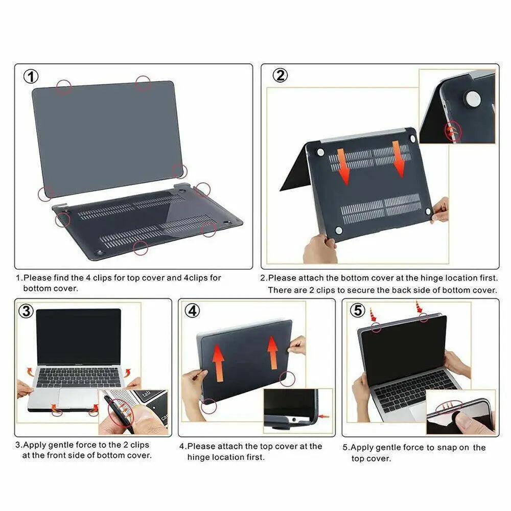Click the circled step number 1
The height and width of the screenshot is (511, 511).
(32, 77)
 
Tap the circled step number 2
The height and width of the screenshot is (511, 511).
(280, 76)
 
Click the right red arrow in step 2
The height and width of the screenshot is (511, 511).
(398, 159)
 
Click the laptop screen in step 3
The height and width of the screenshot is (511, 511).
(78, 336)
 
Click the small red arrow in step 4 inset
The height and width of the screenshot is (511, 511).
(323, 416)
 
